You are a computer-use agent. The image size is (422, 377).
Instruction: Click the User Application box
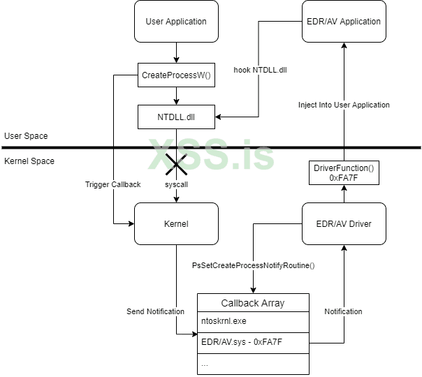(x=176, y=21)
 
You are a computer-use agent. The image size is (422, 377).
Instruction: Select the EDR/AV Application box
(x=344, y=21)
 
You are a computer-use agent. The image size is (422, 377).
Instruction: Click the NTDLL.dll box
(x=176, y=116)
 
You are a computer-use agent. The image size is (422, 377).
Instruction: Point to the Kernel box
(x=176, y=224)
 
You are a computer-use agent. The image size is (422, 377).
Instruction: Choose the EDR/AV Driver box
(x=344, y=224)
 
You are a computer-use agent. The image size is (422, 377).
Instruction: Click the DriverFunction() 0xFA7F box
(x=344, y=173)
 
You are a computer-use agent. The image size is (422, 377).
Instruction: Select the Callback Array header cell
(x=253, y=303)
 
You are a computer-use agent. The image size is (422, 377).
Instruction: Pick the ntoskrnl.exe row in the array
(x=253, y=323)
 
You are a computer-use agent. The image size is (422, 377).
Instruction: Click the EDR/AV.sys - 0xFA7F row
(x=253, y=343)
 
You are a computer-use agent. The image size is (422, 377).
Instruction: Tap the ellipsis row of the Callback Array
(x=253, y=364)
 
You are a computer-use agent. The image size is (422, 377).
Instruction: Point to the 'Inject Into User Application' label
(x=344, y=105)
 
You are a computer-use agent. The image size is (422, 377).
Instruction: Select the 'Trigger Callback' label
(x=112, y=184)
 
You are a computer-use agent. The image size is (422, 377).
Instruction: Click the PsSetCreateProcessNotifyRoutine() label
(x=253, y=265)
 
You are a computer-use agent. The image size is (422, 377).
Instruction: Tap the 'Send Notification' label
(x=155, y=311)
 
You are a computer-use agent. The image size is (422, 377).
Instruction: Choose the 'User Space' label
(x=26, y=135)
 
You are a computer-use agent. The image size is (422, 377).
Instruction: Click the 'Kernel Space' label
(x=29, y=161)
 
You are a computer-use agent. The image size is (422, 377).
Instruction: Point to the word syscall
(x=176, y=184)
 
